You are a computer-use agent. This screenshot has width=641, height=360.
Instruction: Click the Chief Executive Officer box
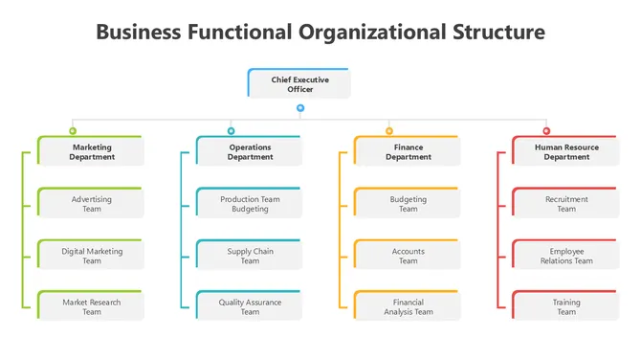[299, 83]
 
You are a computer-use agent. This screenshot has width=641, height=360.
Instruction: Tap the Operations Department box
[249, 151]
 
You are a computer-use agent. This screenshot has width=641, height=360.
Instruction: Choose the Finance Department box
[408, 151]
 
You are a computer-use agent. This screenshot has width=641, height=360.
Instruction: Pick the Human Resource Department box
[565, 151]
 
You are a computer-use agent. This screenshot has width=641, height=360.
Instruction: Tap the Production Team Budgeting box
[249, 203]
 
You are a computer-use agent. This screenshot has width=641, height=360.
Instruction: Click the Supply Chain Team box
[249, 255]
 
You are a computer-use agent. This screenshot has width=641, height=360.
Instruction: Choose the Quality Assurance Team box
[249, 306]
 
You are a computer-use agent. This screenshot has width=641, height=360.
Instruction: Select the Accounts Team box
[408, 255]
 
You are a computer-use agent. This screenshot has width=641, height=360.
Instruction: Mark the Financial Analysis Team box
[408, 306]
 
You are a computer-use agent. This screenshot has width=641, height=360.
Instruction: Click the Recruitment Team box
[565, 203]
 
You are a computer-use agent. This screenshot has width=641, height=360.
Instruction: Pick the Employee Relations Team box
[565, 255]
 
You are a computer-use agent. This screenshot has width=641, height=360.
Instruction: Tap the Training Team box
[565, 306]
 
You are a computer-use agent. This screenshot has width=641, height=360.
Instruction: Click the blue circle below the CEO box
[300, 108]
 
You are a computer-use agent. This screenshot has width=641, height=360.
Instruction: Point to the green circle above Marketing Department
[73, 130]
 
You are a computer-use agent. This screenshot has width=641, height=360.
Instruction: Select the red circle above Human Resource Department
[546, 130]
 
